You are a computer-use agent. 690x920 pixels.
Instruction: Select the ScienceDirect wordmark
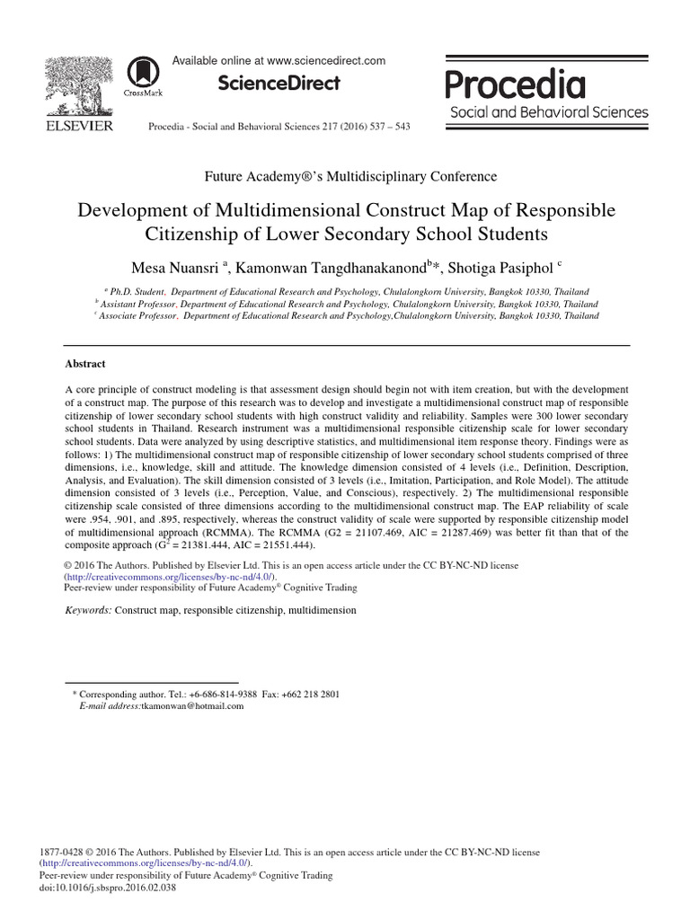(279, 84)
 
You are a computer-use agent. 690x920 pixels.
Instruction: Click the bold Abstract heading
(85, 364)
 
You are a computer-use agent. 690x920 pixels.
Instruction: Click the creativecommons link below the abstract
(170, 577)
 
